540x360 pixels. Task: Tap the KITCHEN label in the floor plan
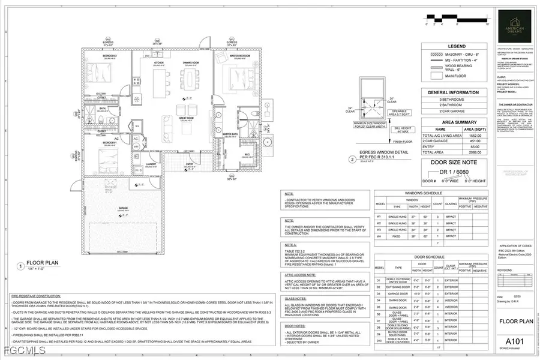tap(159, 62)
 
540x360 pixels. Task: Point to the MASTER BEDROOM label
tap(239, 57)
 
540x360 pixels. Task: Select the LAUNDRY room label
tap(151, 164)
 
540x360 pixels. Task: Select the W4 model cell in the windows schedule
tap(379, 236)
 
